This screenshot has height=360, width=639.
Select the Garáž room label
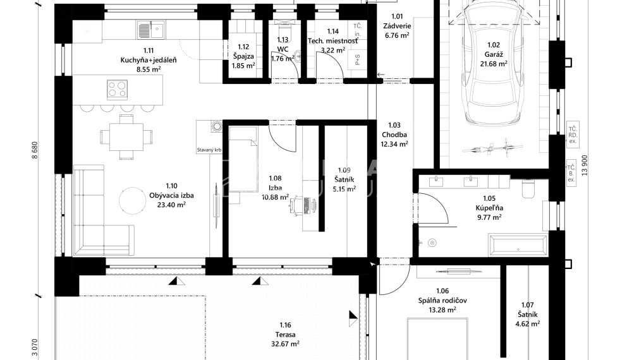[493, 45]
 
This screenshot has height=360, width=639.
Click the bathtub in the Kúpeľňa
[518, 244]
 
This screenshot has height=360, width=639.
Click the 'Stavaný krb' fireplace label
[209, 151]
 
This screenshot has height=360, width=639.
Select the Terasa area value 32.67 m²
[285, 344]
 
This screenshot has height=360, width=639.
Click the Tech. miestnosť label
[332, 40]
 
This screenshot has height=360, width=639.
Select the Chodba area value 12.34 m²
[394, 144]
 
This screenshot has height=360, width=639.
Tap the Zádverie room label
[397, 26]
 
